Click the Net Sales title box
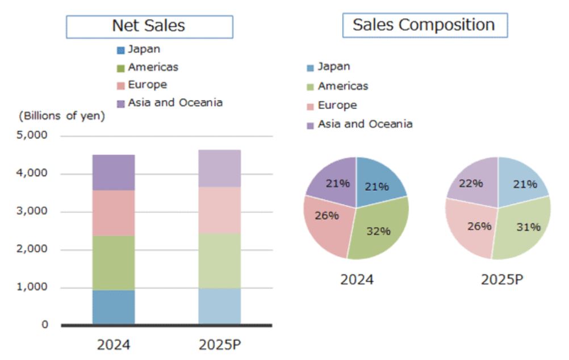149,26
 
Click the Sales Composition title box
424,25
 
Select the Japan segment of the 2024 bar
114,307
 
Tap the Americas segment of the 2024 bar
114,262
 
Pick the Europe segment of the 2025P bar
219,210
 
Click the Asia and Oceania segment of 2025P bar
219,169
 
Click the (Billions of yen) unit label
62,116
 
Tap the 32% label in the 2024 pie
378,231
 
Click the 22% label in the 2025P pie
471,183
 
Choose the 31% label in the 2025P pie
528,227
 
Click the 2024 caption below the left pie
357,279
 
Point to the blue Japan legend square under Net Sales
120,50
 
